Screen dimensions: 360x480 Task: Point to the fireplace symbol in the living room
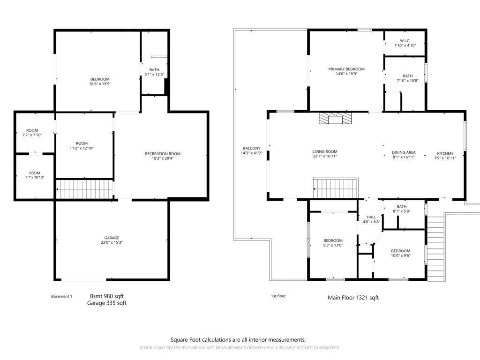(x=335, y=119)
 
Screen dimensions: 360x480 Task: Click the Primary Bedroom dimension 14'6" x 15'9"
(x=346, y=74)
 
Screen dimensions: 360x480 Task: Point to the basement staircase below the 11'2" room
(x=85, y=189)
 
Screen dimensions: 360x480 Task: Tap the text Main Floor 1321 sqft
(x=353, y=298)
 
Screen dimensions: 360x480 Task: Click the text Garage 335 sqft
(x=107, y=303)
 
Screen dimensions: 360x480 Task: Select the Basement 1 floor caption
(x=61, y=296)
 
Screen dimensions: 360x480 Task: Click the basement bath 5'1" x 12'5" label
(x=154, y=72)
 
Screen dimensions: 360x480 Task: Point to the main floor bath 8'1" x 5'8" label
(x=401, y=209)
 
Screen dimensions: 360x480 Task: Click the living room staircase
(x=335, y=188)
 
